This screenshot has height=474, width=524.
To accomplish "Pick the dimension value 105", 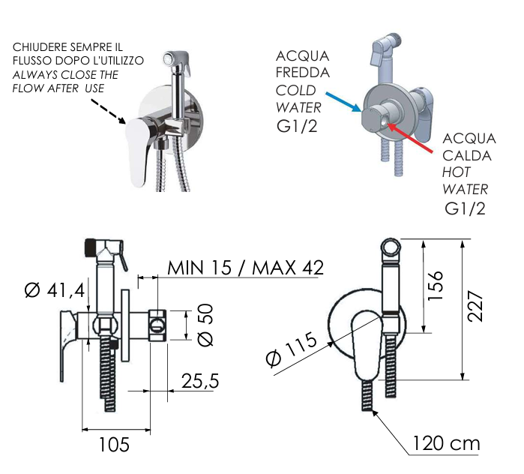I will coord(115,445).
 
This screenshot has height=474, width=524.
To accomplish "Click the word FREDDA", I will coord(303,73).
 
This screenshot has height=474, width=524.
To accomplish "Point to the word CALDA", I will coord(467,156).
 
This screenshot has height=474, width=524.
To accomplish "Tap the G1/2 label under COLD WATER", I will coord(297,125).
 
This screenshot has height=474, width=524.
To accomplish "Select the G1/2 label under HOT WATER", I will coord(465,208).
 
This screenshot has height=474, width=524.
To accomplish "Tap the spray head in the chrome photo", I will coord(176,58).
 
